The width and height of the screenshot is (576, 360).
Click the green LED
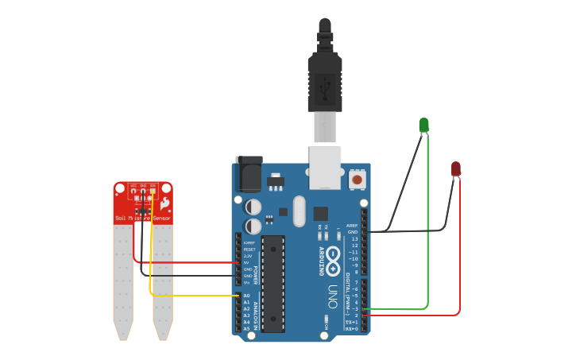click(x=423, y=125)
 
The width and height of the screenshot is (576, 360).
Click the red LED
click(x=455, y=168)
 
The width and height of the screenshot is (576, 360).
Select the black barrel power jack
click(x=249, y=175)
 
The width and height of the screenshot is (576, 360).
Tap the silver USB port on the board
click(x=326, y=167)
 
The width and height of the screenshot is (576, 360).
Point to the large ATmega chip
click(x=273, y=282)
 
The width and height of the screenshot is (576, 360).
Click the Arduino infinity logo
click(x=333, y=261)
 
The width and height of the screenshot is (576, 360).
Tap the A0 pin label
click(x=246, y=296)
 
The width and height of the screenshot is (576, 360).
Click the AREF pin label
click(x=352, y=225)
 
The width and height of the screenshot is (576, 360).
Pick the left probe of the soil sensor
click(x=122, y=278)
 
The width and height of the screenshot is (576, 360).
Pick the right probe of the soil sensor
click(x=163, y=278)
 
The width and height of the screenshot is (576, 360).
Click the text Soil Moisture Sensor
click(x=143, y=218)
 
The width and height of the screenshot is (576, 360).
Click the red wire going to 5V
click(x=191, y=262)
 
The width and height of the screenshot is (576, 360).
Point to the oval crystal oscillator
click(x=299, y=211)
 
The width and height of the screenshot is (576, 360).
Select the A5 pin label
click(x=246, y=328)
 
